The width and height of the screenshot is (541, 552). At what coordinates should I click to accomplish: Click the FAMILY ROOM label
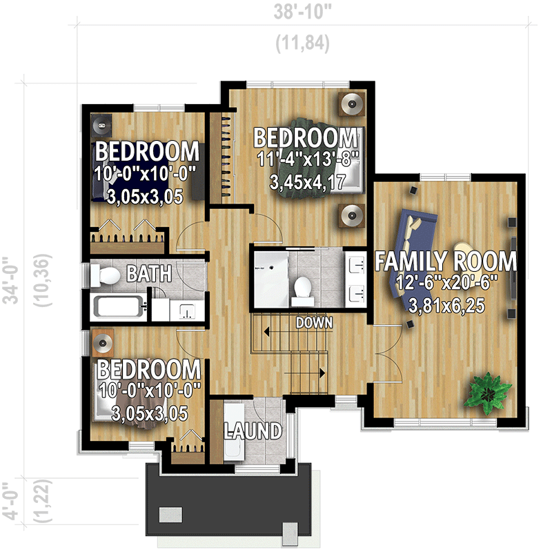click(x=445, y=262)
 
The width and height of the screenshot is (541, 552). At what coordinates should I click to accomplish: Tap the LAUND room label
click(x=253, y=431)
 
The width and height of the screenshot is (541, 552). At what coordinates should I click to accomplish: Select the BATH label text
click(x=148, y=275)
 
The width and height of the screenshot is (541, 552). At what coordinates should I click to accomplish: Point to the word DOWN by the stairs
click(x=315, y=322)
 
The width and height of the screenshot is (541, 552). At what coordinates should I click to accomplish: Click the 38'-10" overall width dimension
click(x=302, y=12)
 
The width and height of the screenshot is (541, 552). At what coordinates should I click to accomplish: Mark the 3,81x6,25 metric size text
click(x=445, y=304)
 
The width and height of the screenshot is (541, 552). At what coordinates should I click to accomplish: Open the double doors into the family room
click(x=380, y=352)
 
